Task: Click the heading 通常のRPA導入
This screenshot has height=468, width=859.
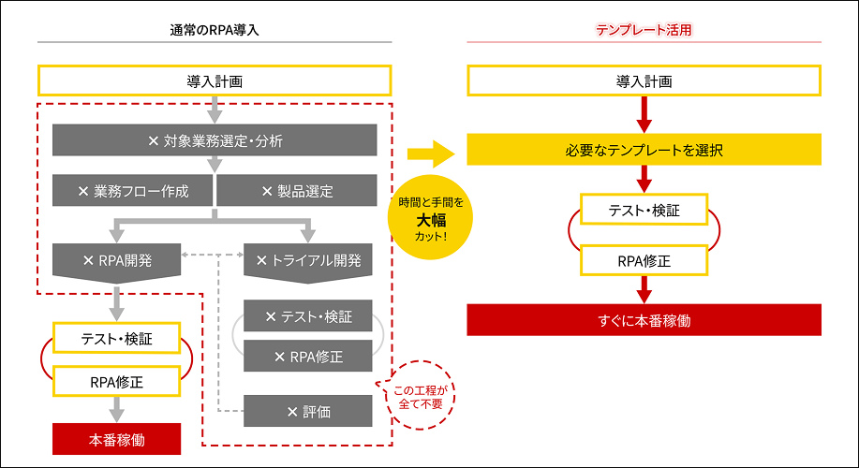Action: (215, 30)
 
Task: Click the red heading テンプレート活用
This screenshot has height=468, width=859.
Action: (644, 30)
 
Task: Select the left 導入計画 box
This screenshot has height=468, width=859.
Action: (215, 80)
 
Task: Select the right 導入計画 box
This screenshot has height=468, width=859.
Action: (644, 80)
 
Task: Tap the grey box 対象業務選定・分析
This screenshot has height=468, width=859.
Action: (215, 141)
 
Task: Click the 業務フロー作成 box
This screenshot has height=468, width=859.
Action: (133, 192)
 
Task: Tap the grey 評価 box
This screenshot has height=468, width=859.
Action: (307, 410)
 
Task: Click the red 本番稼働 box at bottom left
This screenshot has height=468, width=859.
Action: (116, 437)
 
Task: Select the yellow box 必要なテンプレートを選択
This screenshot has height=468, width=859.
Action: (644, 150)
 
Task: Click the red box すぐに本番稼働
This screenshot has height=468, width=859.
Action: (644, 319)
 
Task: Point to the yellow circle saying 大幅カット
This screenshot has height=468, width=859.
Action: (431, 219)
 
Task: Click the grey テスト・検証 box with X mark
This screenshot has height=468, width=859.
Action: (307, 317)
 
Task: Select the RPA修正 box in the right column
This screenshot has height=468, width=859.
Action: (644, 260)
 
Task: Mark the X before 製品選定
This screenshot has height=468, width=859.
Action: (267, 192)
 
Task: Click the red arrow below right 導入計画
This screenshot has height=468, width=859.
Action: (644, 114)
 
